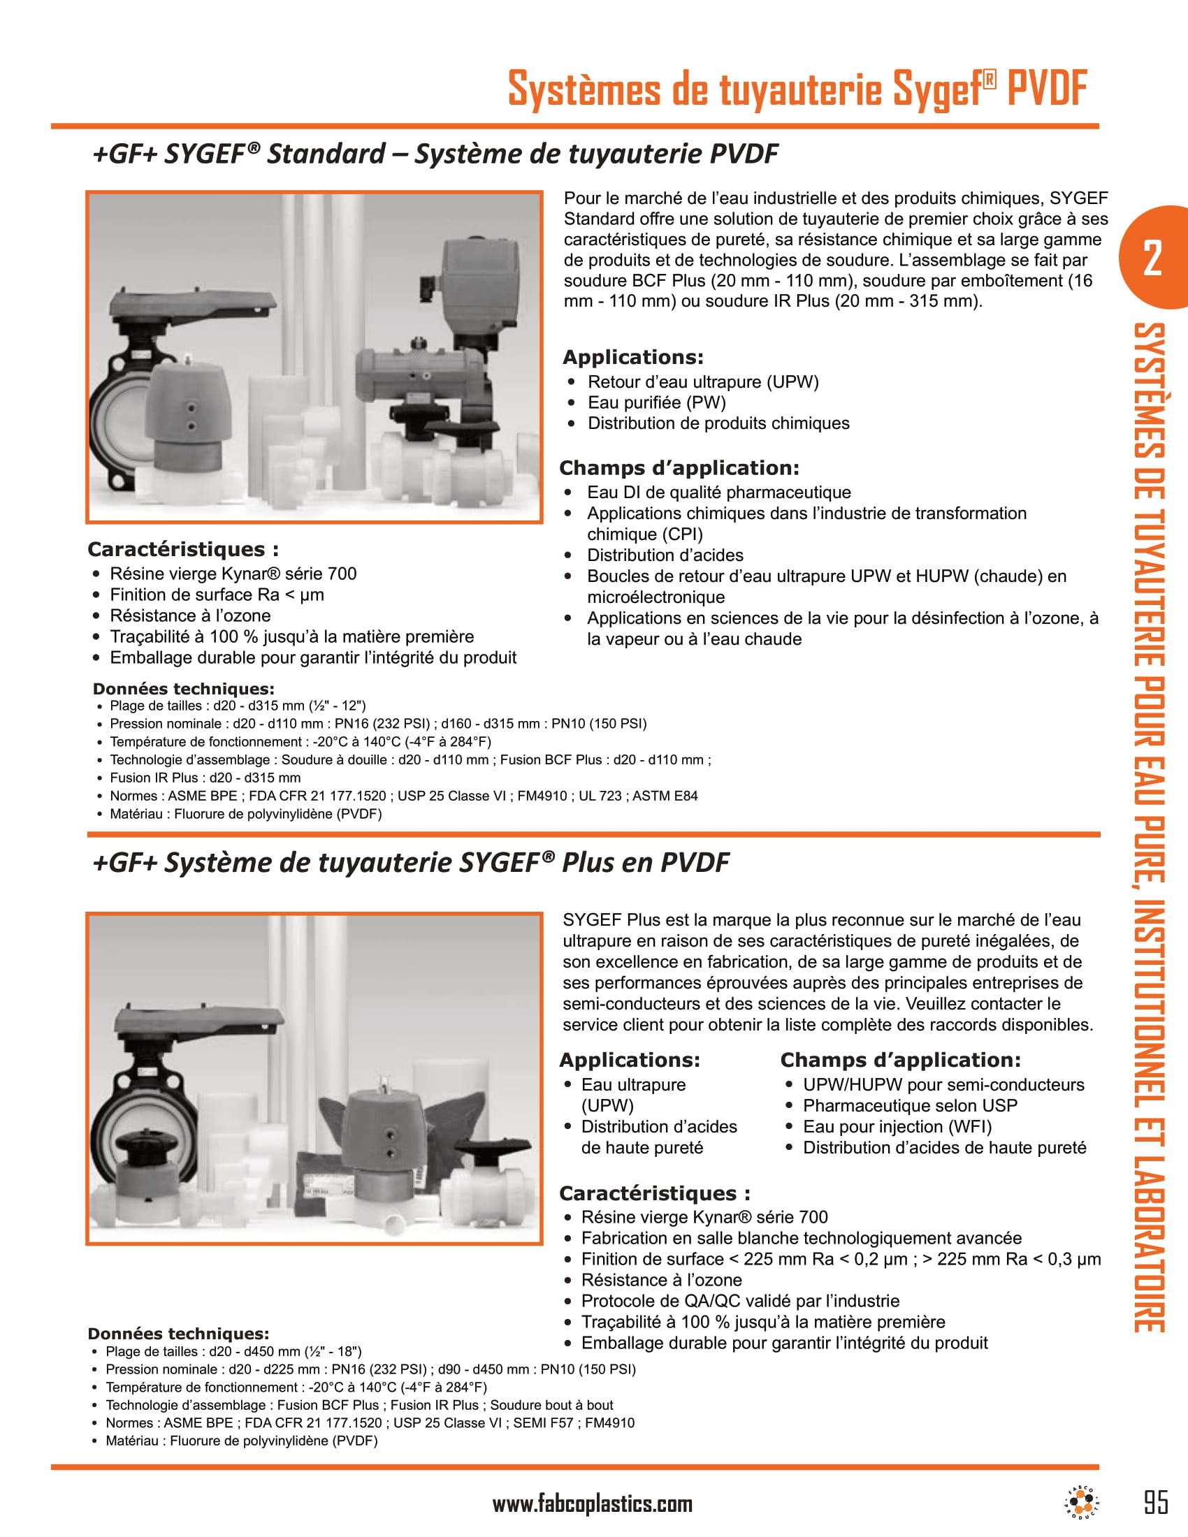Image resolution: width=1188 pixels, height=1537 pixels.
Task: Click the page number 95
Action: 1156,1502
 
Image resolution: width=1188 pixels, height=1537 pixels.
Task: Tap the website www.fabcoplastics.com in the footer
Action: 592,1504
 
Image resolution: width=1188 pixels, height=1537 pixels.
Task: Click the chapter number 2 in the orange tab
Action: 1152,258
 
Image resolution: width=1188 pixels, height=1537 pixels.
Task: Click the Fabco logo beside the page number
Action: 1081,1503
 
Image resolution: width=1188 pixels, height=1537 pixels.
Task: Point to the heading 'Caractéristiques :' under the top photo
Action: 183,549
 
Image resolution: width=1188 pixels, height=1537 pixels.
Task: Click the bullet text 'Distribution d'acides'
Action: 665,555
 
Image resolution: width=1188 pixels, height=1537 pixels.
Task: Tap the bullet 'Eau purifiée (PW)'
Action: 656,402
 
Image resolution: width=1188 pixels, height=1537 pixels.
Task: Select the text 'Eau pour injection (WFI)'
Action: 897,1127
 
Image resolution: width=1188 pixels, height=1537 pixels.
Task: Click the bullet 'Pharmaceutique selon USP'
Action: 909,1106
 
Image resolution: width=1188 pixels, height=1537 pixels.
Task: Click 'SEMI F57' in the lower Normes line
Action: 539,1423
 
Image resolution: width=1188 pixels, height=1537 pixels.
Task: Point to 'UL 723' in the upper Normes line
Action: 600,796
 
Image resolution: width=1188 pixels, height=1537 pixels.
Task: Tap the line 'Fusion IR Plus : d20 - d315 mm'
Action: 205,778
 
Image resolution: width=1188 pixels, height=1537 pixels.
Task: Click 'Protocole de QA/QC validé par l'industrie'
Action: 739,1301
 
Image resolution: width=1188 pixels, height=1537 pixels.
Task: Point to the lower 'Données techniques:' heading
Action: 178,1334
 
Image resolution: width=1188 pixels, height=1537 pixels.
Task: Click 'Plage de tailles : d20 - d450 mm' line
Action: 233,1351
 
